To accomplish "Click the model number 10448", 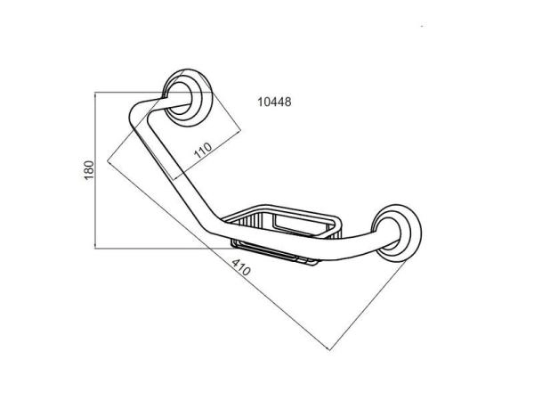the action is [x=274, y=102].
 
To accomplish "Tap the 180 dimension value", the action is [x=89, y=170].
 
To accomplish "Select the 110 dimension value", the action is [x=203, y=151].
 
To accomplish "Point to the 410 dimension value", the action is [x=241, y=267].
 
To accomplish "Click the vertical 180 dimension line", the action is [x=95, y=170].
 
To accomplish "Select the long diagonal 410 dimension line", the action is [x=219, y=256].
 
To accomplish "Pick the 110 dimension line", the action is [x=206, y=155].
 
